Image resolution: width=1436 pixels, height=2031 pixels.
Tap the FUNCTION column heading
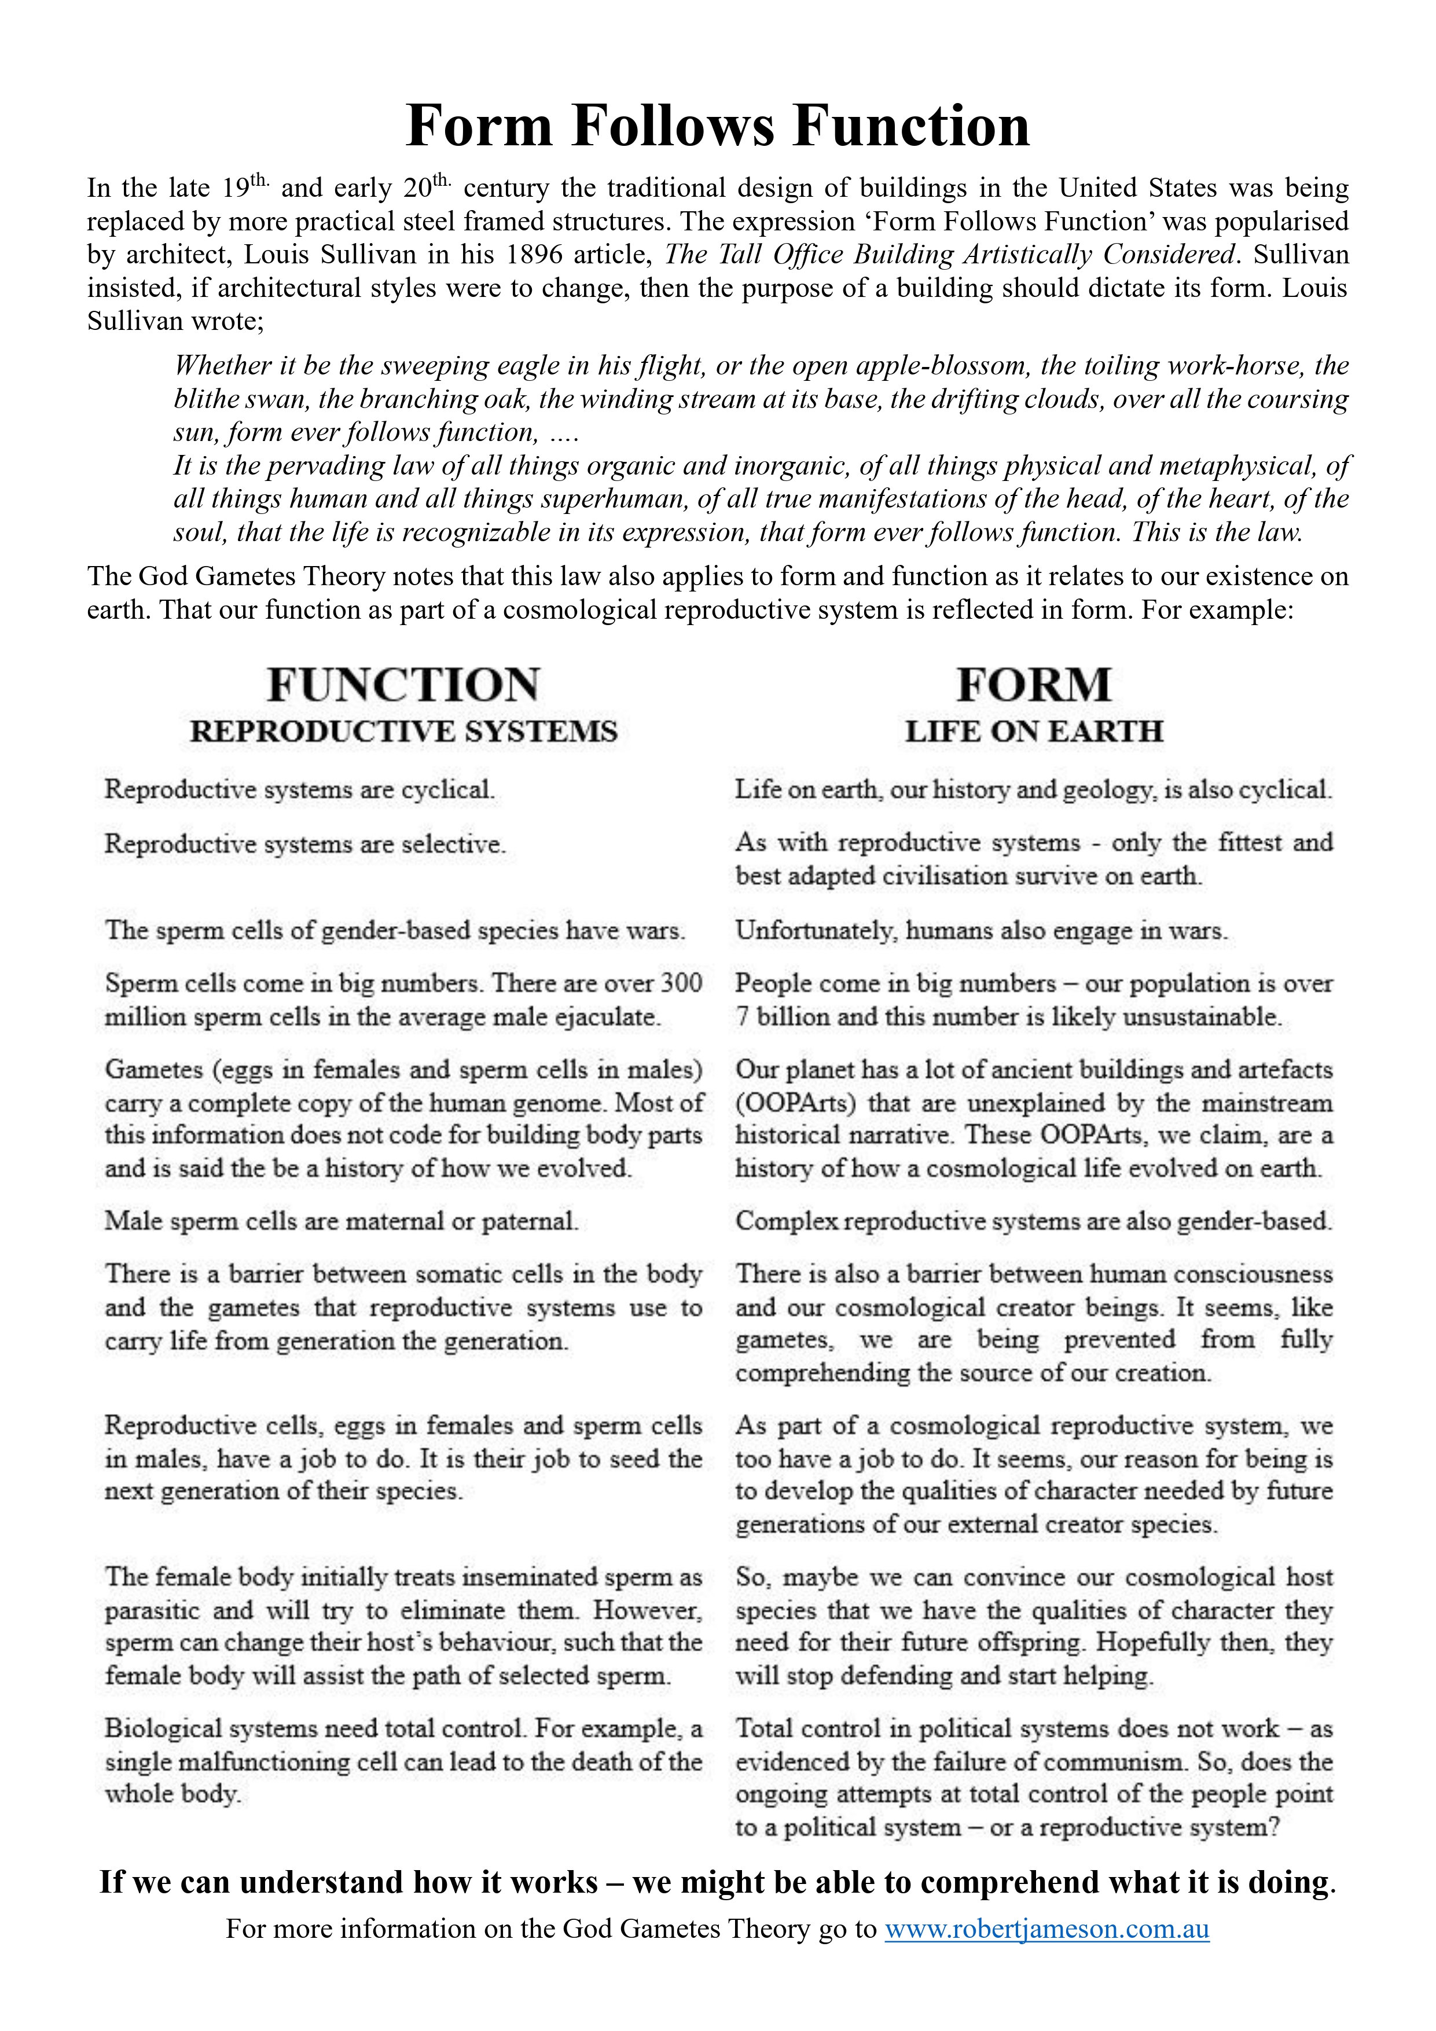pyautogui.click(x=403, y=685)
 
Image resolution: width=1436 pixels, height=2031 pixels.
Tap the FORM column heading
pyautogui.click(x=1033, y=685)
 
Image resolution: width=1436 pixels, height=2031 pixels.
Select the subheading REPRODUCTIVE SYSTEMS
pyautogui.click(x=403, y=732)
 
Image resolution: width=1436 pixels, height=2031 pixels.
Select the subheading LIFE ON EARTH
pyautogui.click(x=1033, y=732)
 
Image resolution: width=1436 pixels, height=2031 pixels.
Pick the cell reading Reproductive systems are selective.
pyautogui.click(x=305, y=844)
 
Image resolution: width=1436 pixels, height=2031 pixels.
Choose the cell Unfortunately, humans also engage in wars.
pyautogui.click(x=981, y=931)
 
